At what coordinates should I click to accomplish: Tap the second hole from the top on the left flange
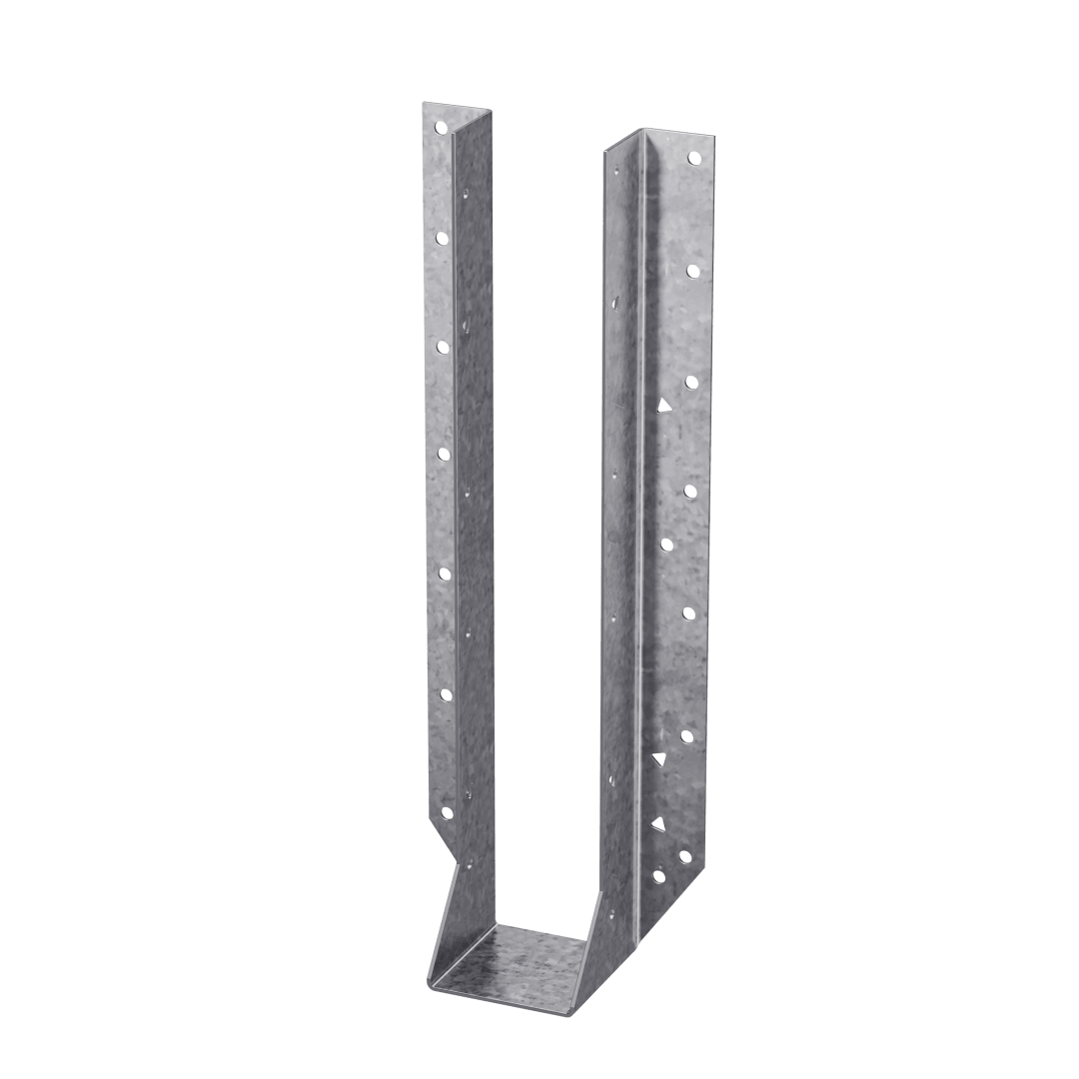coord(440,238)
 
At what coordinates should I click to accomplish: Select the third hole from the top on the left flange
coord(441,346)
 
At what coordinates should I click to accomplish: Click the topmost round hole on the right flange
coord(692,159)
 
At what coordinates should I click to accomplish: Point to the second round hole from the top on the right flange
coord(691,270)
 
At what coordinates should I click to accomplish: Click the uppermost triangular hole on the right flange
coord(661,405)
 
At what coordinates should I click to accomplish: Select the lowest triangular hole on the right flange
coord(658,822)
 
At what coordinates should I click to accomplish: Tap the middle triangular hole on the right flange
coord(659,760)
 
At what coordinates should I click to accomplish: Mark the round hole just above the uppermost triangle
coord(690,382)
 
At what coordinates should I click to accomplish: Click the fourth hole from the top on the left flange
coord(442,455)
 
